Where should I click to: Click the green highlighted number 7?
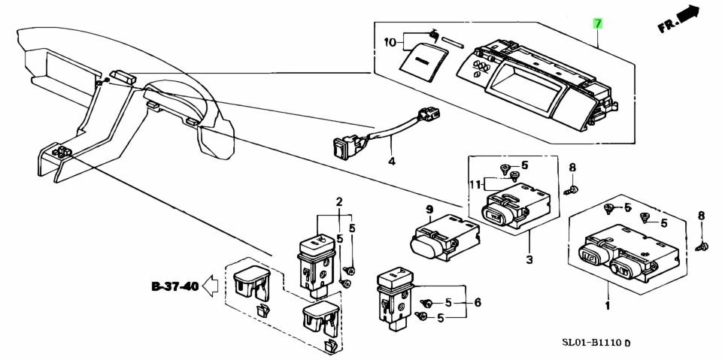click(598, 23)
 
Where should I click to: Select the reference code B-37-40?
click(174, 286)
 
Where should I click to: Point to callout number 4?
click(391, 162)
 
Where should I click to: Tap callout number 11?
click(474, 183)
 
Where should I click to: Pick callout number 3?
click(529, 260)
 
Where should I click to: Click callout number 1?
click(607, 305)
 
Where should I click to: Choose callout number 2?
click(339, 201)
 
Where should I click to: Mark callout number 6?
click(477, 303)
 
